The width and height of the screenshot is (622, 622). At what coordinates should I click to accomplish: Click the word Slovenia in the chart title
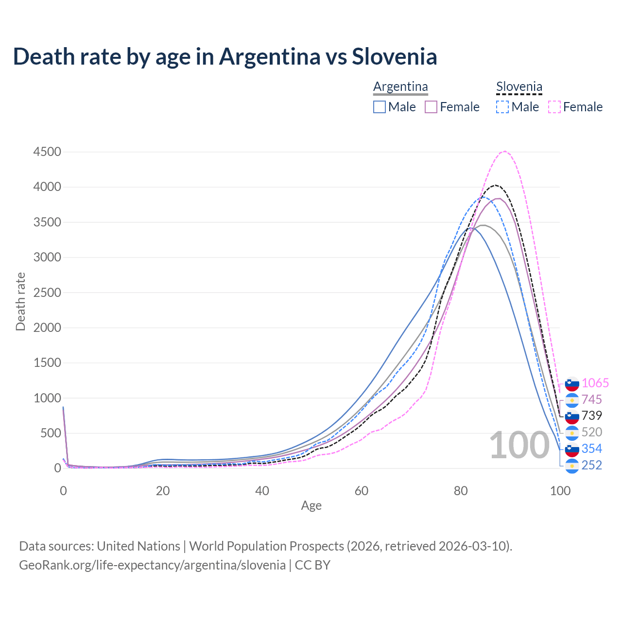pyautogui.click(x=394, y=57)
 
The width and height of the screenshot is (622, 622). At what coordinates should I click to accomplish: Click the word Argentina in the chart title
pyautogui.click(x=270, y=57)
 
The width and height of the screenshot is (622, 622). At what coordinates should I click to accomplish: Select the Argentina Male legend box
pyautogui.click(x=380, y=107)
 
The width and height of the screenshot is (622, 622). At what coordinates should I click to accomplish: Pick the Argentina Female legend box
pyautogui.click(x=431, y=107)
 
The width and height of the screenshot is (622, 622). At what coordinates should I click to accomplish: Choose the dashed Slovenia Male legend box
pyautogui.click(x=502, y=107)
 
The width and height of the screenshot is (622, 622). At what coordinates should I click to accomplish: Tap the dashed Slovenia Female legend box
pyautogui.click(x=554, y=107)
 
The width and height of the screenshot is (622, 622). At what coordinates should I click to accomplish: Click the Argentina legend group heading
pyautogui.click(x=400, y=87)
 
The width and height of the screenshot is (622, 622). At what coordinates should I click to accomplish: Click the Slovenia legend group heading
pyautogui.click(x=519, y=87)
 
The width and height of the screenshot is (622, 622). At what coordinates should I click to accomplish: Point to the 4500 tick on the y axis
pyautogui.click(x=47, y=152)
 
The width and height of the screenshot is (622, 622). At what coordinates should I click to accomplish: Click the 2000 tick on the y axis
pyautogui.click(x=47, y=328)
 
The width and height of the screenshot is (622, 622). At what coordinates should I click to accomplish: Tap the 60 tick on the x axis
pyautogui.click(x=362, y=491)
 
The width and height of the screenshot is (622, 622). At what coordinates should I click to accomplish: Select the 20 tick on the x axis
pyautogui.click(x=163, y=491)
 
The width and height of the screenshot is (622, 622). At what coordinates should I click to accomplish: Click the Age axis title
pyautogui.click(x=311, y=506)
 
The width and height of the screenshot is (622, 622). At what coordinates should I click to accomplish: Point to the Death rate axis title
pyautogui.click(x=20, y=301)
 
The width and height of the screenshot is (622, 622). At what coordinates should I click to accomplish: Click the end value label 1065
pyautogui.click(x=595, y=383)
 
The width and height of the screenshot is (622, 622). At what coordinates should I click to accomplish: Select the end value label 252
pyautogui.click(x=591, y=465)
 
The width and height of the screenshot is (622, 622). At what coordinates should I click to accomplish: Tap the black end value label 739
pyautogui.click(x=591, y=415)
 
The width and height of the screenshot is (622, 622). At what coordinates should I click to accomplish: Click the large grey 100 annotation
pyautogui.click(x=519, y=446)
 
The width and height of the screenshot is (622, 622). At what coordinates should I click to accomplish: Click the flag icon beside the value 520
pyautogui.click(x=572, y=432)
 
